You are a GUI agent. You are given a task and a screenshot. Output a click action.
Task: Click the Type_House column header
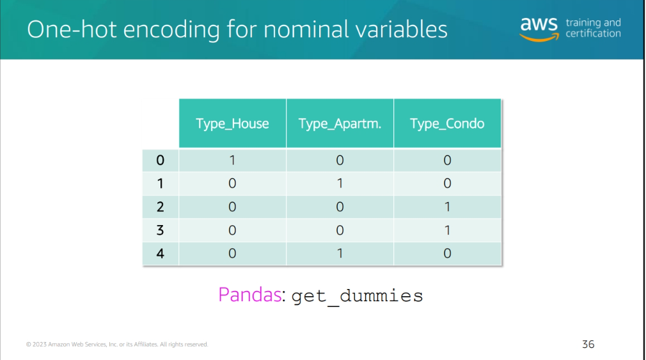pyautogui.click(x=232, y=123)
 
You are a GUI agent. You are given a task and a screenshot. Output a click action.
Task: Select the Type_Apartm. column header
pyautogui.click(x=340, y=123)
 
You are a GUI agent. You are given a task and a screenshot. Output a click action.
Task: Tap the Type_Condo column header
pyautogui.click(x=448, y=123)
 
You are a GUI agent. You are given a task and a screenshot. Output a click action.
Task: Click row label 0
pyautogui.click(x=161, y=160)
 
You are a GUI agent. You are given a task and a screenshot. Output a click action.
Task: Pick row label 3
pyautogui.click(x=161, y=230)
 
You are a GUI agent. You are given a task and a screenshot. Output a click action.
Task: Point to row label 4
pyautogui.click(x=161, y=253)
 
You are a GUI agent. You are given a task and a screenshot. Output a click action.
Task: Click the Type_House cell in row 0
pyautogui.click(x=232, y=160)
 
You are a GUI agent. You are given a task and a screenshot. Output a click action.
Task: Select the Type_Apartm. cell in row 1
pyautogui.click(x=340, y=184)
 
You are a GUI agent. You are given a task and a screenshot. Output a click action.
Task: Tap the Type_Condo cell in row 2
pyautogui.click(x=448, y=207)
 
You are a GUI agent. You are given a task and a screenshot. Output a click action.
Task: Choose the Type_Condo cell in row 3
pyautogui.click(x=448, y=230)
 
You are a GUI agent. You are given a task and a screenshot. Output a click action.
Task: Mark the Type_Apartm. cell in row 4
pyautogui.click(x=340, y=253)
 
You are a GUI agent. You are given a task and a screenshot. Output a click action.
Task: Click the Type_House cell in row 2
pyautogui.click(x=232, y=207)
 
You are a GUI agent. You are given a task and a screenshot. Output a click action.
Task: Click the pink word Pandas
pyautogui.click(x=249, y=295)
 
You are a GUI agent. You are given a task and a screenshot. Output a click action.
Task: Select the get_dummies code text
pyautogui.click(x=357, y=296)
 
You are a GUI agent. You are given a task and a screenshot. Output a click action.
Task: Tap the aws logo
pyautogui.click(x=539, y=29)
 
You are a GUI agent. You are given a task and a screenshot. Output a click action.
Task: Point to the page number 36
pyautogui.click(x=588, y=345)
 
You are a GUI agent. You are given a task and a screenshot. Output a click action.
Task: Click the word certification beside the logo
pyautogui.click(x=594, y=33)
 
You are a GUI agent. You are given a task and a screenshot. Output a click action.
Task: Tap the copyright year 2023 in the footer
pyautogui.click(x=39, y=345)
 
